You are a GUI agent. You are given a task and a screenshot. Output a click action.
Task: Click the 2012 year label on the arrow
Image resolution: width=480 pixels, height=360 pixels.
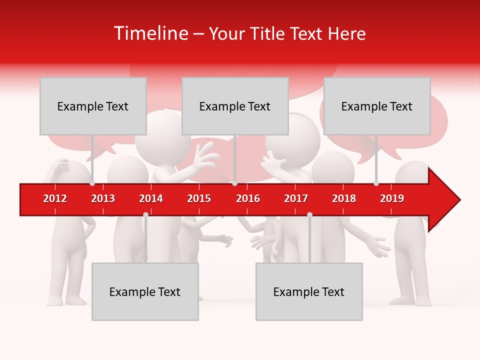[x=55, y=198]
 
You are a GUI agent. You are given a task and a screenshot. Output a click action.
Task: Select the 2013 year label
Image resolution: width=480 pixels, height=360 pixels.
[x=103, y=198]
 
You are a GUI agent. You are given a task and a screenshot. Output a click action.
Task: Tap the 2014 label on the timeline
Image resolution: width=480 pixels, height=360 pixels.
[x=151, y=198]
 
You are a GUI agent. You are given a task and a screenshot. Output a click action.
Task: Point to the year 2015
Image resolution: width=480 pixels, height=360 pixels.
[x=199, y=198]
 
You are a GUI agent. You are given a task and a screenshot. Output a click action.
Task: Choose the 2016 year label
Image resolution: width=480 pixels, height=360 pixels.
[x=248, y=198]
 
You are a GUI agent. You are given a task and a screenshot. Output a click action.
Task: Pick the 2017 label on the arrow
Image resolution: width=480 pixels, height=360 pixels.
[x=296, y=198]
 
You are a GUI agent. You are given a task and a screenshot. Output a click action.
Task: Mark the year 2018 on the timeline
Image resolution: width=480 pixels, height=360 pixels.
[x=344, y=198]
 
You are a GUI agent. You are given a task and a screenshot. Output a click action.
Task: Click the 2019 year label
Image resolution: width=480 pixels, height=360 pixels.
[x=392, y=198]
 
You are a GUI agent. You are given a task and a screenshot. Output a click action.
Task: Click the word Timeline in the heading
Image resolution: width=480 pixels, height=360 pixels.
[x=149, y=33]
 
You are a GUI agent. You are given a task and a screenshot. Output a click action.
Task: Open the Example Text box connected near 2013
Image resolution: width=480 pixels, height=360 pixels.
[x=93, y=106]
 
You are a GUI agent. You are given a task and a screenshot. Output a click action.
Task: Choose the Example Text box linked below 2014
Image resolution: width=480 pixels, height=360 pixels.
[x=145, y=291]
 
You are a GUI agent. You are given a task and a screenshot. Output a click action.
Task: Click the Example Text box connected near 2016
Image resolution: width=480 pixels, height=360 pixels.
[x=235, y=106]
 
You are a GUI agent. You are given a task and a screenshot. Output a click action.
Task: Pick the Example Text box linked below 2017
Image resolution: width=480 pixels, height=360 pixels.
[x=309, y=291]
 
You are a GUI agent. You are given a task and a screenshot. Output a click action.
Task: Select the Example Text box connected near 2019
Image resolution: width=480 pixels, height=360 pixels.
[x=377, y=106]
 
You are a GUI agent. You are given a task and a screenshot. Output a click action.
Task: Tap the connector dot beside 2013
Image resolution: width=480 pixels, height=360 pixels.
[x=92, y=183]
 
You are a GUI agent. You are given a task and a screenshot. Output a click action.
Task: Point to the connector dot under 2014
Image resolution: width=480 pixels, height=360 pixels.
[x=145, y=214]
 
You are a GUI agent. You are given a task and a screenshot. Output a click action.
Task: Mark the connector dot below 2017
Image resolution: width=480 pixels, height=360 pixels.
[x=309, y=214]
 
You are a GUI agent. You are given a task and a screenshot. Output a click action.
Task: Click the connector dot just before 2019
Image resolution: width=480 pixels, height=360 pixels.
[x=376, y=183]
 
